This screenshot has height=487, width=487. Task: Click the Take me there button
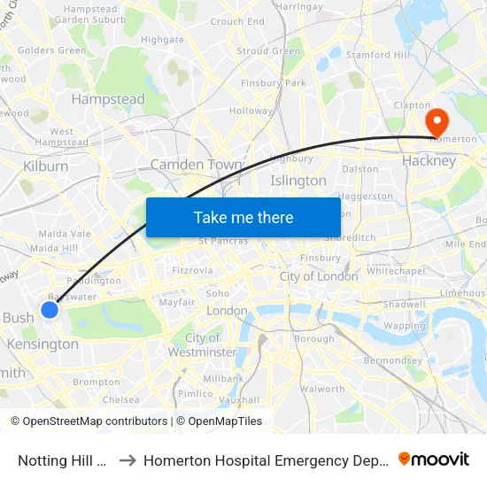click(243, 217)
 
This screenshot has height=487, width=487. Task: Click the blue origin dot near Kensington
click(50, 309)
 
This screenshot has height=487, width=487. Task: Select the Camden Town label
click(196, 165)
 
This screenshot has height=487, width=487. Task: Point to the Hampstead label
click(108, 100)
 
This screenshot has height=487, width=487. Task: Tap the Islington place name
click(298, 181)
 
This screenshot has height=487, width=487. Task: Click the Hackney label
click(429, 161)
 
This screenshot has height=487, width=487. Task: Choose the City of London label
click(319, 276)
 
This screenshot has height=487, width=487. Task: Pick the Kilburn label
click(46, 166)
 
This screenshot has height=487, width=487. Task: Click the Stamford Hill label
click(378, 55)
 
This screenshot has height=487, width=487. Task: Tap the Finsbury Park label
click(274, 83)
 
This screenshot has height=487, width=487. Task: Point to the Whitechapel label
click(397, 271)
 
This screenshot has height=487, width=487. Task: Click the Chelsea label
click(121, 399)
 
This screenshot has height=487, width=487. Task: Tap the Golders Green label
click(52, 50)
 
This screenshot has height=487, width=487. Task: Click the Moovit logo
click(434, 459)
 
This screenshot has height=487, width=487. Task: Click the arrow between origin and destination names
click(126, 460)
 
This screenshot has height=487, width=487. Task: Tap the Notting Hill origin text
click(63, 460)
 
